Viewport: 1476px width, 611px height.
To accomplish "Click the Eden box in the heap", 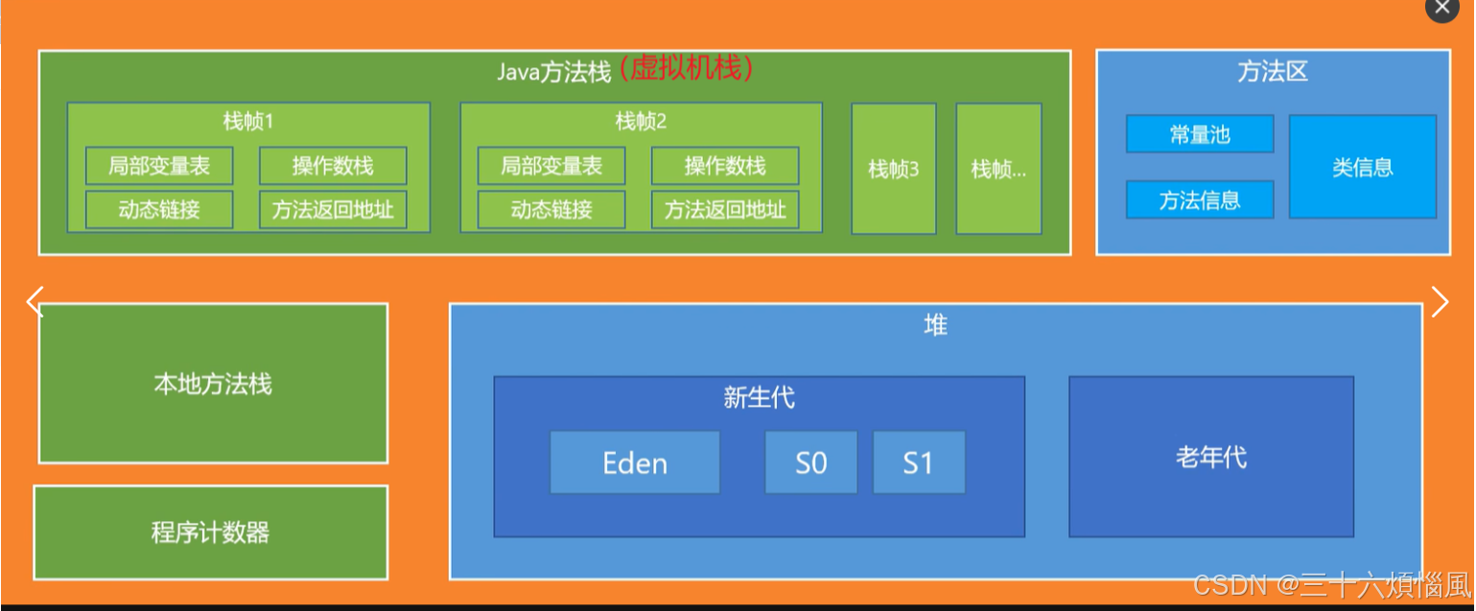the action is pos(634,462).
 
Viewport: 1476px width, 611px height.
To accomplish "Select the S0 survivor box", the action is pos(810,462).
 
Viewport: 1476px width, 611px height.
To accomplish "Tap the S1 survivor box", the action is pos(918,462).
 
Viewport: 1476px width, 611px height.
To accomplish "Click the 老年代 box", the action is pos(1210,457).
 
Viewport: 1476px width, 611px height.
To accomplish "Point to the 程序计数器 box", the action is pos(210,532).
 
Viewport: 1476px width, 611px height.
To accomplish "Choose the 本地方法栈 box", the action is pos(213,384).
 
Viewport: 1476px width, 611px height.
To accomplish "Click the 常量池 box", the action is pos(1199,134).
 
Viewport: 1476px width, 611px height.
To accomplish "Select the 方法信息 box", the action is pos(1199,200).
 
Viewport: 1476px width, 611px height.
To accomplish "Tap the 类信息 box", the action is pos(1362,167).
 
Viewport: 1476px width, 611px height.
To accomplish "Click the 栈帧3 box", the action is pos(893,170).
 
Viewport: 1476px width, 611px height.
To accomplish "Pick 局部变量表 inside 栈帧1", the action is pos(159,166).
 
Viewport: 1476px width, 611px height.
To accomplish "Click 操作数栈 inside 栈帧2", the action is pos(725,166).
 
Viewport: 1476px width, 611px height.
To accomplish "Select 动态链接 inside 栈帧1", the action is pos(159,209).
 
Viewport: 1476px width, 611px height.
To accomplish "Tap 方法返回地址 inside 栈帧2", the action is pos(725,209).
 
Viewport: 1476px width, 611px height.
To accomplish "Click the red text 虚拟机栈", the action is pos(685,68).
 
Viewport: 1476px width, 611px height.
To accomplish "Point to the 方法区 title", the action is pos(1272,72).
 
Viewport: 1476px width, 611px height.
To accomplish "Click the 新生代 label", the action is pos(759,397).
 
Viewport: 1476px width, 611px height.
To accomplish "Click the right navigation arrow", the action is pos(1440,301).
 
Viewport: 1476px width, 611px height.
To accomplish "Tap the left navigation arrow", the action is pos(35,301).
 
